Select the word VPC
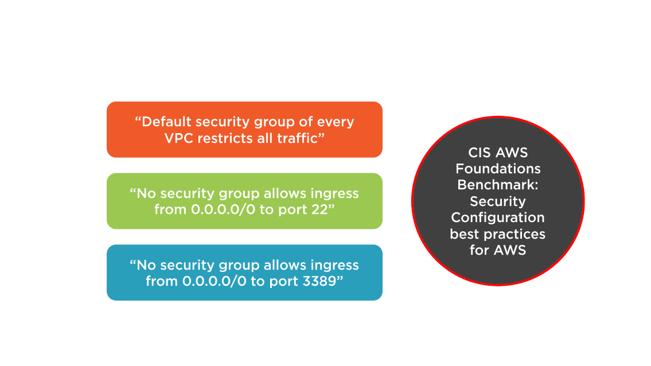178,138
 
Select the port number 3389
319,281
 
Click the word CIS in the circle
480,153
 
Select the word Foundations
498,169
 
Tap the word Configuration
498,217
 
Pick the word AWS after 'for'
510,250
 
